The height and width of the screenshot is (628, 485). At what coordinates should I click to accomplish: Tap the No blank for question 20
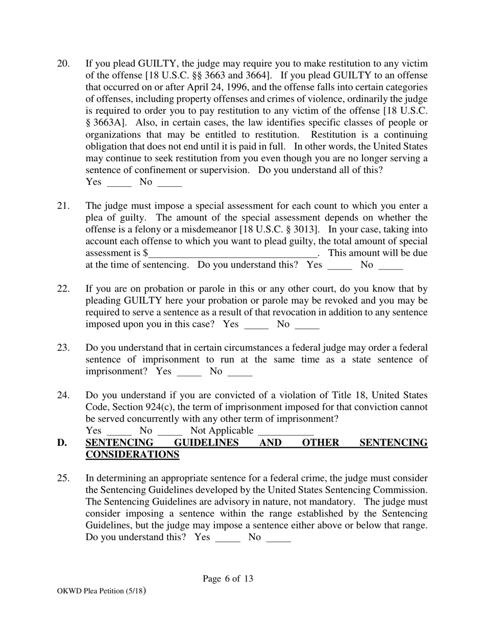coord(169,183)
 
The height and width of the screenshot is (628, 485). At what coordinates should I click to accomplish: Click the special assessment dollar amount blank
coord(233,254)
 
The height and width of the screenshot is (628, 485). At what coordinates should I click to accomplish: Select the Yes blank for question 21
coord(339,266)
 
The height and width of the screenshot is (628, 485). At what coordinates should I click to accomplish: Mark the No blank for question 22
coord(307,325)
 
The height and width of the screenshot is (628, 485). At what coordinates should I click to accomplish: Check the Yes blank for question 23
coord(189,373)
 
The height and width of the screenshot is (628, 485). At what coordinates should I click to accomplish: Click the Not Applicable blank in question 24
coord(285,431)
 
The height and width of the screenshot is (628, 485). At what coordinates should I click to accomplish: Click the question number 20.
coord(63,64)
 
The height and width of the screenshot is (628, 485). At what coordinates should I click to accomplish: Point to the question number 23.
coord(63,348)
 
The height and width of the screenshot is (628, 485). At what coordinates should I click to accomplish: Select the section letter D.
coord(62,443)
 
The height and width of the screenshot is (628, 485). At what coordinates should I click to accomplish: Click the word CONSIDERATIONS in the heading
coord(132,454)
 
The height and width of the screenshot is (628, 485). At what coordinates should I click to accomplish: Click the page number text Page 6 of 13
coord(228,578)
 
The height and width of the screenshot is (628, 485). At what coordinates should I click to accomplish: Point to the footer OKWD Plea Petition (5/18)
coord(102,591)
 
